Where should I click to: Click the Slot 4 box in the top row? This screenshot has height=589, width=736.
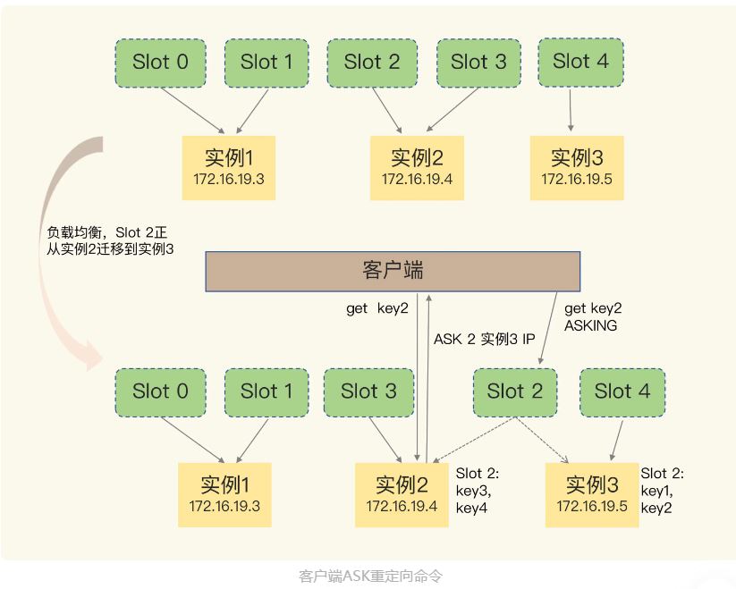click(581, 62)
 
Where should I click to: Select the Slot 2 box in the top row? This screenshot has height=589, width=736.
click(372, 63)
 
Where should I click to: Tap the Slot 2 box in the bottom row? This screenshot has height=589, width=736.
click(515, 391)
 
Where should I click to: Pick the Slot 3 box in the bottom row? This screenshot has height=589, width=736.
click(368, 391)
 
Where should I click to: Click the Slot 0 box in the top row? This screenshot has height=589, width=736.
click(160, 63)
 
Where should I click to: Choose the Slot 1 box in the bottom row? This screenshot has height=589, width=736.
click(266, 391)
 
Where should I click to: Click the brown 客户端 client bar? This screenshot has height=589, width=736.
click(393, 271)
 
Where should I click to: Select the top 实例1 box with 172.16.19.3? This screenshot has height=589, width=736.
click(229, 167)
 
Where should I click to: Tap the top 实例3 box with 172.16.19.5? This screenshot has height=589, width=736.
click(577, 167)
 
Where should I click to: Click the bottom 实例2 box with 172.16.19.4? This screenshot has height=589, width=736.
click(402, 494)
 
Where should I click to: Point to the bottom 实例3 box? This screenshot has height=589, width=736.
click(592, 494)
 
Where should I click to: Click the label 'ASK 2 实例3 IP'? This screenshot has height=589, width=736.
click(484, 340)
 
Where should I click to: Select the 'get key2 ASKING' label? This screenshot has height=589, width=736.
click(592, 317)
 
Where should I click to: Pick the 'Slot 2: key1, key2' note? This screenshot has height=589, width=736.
click(668, 490)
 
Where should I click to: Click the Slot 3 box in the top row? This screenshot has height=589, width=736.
click(478, 63)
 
